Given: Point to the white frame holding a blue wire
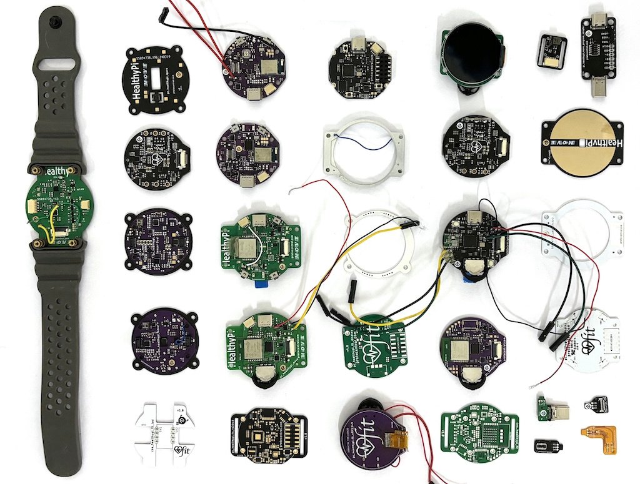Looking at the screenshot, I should [x=361, y=151].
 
